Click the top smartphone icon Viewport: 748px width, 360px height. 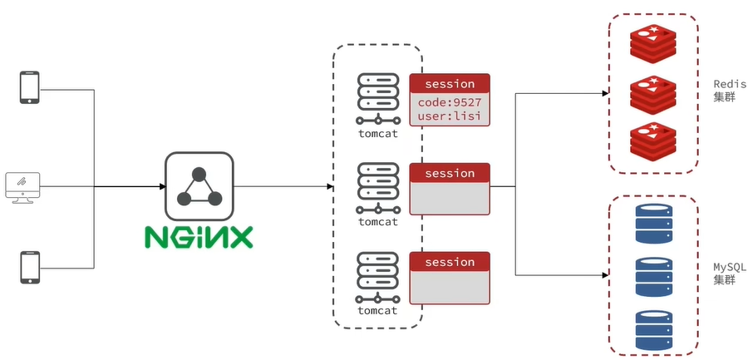pyautogui.click(x=30, y=87)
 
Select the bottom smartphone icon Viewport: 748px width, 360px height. pyautogui.click(x=30, y=267)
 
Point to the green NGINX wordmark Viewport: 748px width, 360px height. pyautogui.click(x=198, y=237)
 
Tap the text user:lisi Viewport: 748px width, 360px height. pyautogui.click(x=449, y=117)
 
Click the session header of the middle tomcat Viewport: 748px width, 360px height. pyautogui.click(x=449, y=173)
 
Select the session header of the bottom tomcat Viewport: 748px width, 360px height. pyautogui.click(x=449, y=262)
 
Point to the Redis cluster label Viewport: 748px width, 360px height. pyautogui.click(x=729, y=91)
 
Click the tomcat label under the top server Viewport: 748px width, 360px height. pyautogui.click(x=377, y=132)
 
